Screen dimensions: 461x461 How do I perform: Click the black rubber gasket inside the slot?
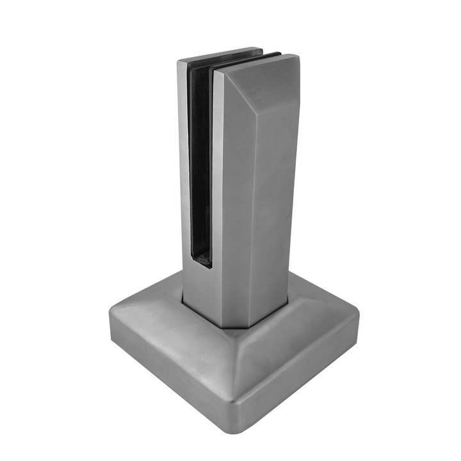point(200,160)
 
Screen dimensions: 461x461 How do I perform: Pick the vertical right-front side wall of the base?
point(301,384)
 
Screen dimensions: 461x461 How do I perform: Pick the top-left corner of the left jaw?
point(179,61)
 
